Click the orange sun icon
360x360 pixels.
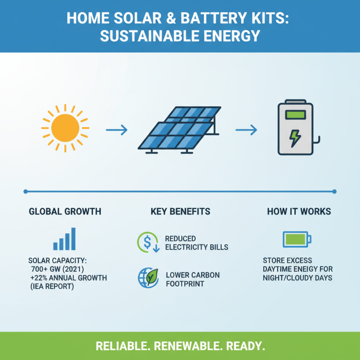coord(65,128)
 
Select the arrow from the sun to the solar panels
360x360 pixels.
coord(117,130)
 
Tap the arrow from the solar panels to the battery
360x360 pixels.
coord(246,130)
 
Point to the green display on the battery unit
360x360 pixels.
coord(295,115)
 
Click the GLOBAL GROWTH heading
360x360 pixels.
coord(65,211)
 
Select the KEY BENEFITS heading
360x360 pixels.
coord(180,211)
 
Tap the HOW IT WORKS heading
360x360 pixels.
coord(299,211)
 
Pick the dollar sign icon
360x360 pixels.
coord(148,242)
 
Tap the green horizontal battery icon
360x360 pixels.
coord(297,239)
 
